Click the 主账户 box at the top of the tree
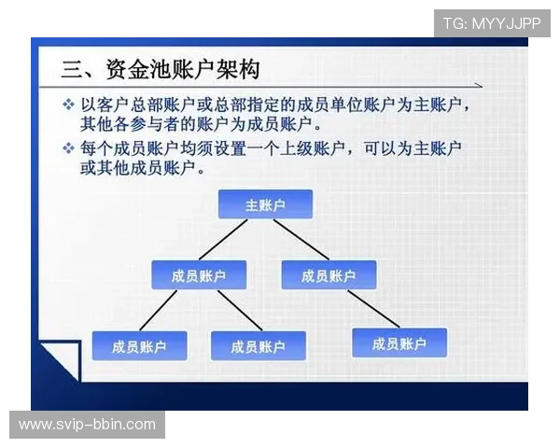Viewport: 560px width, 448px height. (265, 204)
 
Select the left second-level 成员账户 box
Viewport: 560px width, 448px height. (198, 275)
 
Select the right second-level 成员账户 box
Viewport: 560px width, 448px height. (329, 275)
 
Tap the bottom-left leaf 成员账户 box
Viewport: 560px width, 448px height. (139, 346)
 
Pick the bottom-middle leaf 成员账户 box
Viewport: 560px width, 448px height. (259, 346)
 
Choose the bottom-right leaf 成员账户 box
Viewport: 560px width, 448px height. (399, 343)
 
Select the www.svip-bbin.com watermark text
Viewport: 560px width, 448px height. (88, 425)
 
